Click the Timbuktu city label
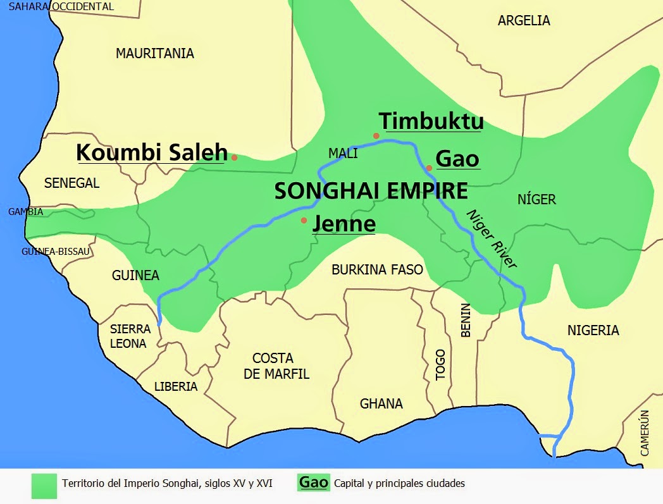click(x=431, y=121)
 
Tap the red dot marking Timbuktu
click(x=376, y=136)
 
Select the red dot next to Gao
click(x=429, y=168)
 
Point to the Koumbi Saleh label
click(x=151, y=152)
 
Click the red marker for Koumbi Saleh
click(x=234, y=157)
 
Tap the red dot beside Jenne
click(x=304, y=220)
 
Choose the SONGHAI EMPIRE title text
click(x=371, y=191)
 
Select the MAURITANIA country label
click(x=154, y=54)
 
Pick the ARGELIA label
click(x=524, y=21)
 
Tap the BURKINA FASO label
click(x=377, y=270)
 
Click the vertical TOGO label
click(x=441, y=364)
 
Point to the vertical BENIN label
click(x=466, y=320)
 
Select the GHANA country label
click(x=381, y=403)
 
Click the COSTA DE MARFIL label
click(x=276, y=366)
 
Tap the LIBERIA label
click(x=176, y=386)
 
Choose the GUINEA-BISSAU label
click(x=56, y=251)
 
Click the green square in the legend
click(x=44, y=484)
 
